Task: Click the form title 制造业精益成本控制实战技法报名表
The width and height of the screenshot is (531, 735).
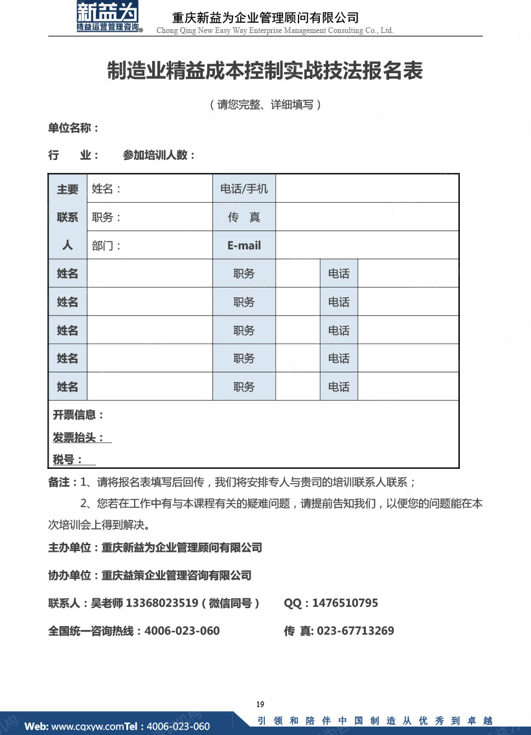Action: [x=265, y=71]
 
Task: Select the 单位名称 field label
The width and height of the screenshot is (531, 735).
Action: [x=73, y=128]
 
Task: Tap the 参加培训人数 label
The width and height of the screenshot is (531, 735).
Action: [x=159, y=155]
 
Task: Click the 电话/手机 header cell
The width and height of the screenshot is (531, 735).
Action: [x=243, y=189]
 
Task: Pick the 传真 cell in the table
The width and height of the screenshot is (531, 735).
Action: [x=243, y=218]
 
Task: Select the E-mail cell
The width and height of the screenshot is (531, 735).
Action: [x=243, y=245]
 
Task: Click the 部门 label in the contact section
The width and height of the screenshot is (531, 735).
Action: [x=106, y=245]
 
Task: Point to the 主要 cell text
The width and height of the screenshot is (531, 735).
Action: [x=67, y=189]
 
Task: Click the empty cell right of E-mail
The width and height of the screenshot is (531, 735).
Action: [x=367, y=245]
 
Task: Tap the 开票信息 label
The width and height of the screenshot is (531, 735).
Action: [x=78, y=415]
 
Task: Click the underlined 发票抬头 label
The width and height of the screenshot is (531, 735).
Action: [x=78, y=438]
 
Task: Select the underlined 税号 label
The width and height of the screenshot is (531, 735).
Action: [x=68, y=460]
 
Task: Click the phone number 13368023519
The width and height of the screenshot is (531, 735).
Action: [x=161, y=603]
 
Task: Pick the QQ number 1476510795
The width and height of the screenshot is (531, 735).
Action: [x=345, y=603]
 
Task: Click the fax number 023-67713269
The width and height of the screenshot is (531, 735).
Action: [x=356, y=631]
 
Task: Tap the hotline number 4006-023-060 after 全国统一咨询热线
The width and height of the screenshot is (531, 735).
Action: [x=182, y=631]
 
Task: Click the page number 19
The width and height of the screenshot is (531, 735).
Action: [x=260, y=705]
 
